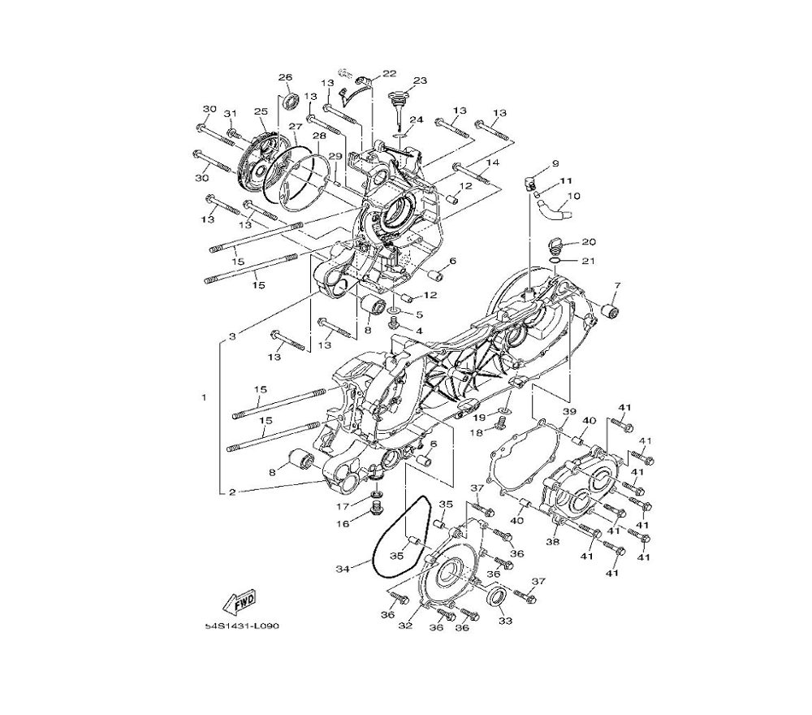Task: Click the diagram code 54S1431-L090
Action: click(x=242, y=626)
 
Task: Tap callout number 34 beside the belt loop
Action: click(x=343, y=569)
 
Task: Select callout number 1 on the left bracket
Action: click(x=204, y=397)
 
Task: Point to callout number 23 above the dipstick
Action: click(x=420, y=80)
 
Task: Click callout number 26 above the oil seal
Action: click(x=285, y=77)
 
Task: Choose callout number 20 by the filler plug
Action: click(x=589, y=242)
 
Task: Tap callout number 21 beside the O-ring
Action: click(x=588, y=261)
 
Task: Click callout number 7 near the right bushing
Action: click(x=617, y=285)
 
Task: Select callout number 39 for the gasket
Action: click(x=570, y=411)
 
